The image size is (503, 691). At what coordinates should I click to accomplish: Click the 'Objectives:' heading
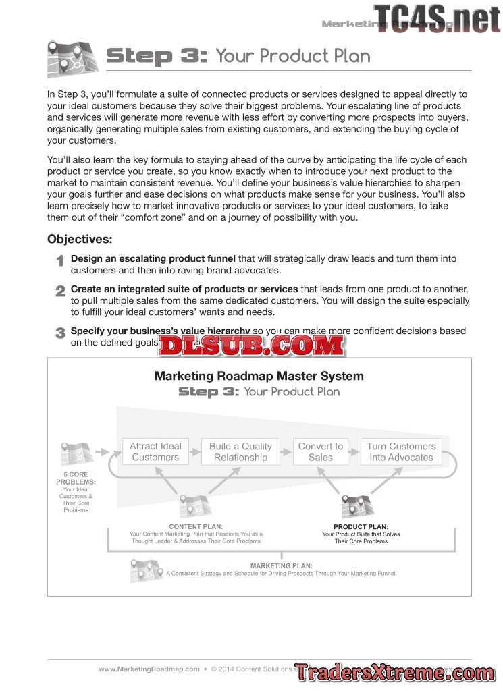click(x=80, y=239)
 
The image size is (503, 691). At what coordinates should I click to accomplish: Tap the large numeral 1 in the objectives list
click(x=60, y=260)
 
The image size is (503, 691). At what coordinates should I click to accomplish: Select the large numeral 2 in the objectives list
click(x=60, y=291)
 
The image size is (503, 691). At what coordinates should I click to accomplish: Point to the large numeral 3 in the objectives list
click(x=60, y=333)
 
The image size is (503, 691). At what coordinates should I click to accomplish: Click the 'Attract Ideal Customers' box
click(x=155, y=451)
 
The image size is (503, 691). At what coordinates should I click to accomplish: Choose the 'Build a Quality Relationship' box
click(x=240, y=451)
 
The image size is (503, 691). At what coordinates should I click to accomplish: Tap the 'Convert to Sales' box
click(x=320, y=451)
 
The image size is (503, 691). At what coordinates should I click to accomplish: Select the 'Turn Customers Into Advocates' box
click(x=401, y=451)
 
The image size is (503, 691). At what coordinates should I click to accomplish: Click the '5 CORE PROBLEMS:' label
click(x=76, y=478)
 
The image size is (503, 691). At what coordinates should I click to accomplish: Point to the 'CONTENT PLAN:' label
click(x=196, y=526)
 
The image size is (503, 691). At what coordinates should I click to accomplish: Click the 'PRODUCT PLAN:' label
click(x=361, y=526)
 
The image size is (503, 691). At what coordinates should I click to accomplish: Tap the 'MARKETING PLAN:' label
click(x=281, y=565)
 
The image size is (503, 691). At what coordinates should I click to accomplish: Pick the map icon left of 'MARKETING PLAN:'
click(x=146, y=571)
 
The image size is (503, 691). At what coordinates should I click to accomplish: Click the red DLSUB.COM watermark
click(x=252, y=345)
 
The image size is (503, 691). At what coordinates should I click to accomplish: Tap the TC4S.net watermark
click(x=437, y=18)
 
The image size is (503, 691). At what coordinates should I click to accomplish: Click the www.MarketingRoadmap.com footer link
click(x=149, y=669)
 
